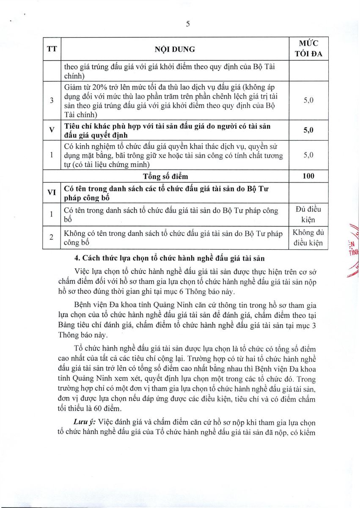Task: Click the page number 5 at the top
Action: (x=187, y=24)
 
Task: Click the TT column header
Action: (x=52, y=49)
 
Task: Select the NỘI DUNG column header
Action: (x=175, y=49)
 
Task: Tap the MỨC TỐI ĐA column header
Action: (x=308, y=48)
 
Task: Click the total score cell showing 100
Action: (x=308, y=176)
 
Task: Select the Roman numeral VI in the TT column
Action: (x=52, y=192)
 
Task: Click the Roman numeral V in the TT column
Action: (x=52, y=130)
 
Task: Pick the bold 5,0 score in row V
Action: (x=308, y=130)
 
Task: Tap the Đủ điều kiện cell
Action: (x=308, y=215)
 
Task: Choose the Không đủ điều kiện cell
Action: (x=308, y=237)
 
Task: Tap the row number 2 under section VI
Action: (x=52, y=238)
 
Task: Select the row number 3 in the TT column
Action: (x=52, y=101)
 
